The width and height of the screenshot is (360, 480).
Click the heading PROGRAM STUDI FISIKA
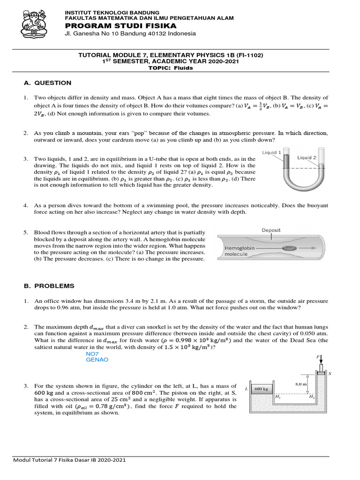(x=120, y=25)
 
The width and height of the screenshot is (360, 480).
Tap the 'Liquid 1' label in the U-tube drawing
(x=271, y=152)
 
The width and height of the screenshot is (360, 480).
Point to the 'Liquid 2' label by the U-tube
(x=307, y=158)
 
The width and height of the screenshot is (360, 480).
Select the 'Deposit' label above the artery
(x=271, y=230)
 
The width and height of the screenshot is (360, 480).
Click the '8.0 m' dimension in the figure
(x=300, y=384)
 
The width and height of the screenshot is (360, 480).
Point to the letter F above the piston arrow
(x=317, y=357)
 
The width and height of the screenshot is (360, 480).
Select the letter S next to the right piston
(x=330, y=374)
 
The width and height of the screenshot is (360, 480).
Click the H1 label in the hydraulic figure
(x=277, y=397)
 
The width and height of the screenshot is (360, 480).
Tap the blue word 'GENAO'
(x=97, y=360)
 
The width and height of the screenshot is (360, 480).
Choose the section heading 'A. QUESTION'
(x=48, y=83)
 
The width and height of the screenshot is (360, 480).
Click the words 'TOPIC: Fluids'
(x=170, y=67)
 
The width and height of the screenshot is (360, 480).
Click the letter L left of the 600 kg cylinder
(x=246, y=389)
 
